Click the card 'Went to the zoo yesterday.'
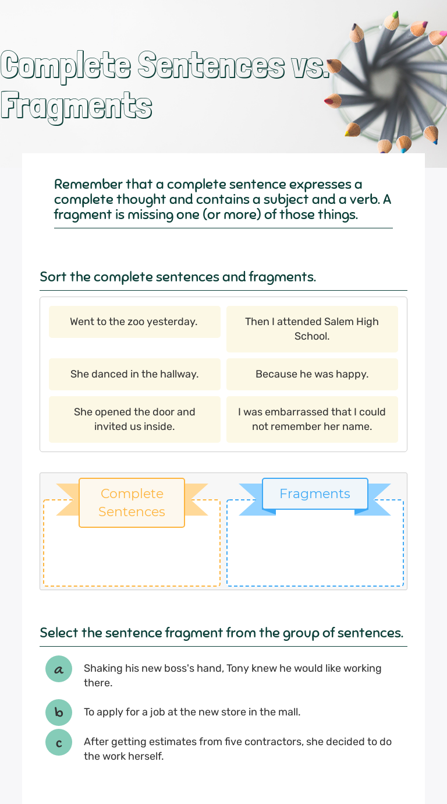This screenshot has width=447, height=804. [x=134, y=322]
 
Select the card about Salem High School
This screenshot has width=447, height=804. [x=312, y=329]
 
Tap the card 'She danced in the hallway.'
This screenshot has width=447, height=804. [x=134, y=374]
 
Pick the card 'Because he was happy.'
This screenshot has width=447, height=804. [x=312, y=374]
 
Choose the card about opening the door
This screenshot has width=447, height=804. [x=134, y=419]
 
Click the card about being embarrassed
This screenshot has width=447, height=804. [x=312, y=419]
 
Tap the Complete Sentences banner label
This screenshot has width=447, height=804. [x=132, y=502]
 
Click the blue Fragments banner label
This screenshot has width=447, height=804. [x=315, y=493]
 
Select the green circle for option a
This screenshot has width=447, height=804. [x=59, y=669]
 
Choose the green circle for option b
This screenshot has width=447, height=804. [x=59, y=712]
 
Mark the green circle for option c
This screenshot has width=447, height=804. [x=59, y=742]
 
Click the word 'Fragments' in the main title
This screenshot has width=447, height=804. [x=76, y=106]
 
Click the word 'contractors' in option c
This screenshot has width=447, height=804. [x=285, y=742]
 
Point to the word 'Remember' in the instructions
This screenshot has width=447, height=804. [x=88, y=185]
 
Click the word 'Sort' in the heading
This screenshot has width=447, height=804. [x=53, y=277]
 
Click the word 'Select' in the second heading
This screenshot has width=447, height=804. [x=59, y=633]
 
